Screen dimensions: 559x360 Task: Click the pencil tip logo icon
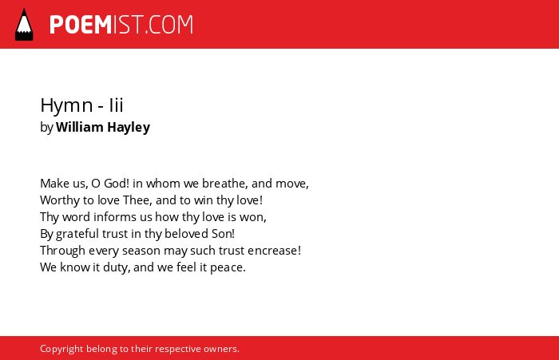tap(24, 25)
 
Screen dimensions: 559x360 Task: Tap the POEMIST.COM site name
tap(121, 25)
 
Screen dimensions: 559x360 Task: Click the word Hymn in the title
tap(66, 105)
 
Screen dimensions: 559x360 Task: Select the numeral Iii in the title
tap(117, 105)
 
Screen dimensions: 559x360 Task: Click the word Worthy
tap(60, 200)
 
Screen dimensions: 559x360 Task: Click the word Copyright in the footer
tap(61, 349)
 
